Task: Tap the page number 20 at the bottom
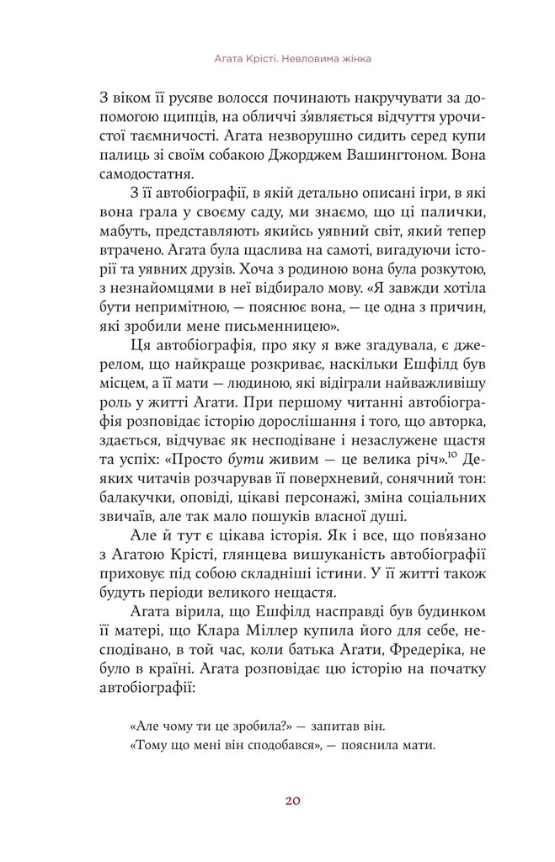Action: tap(277, 800)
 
